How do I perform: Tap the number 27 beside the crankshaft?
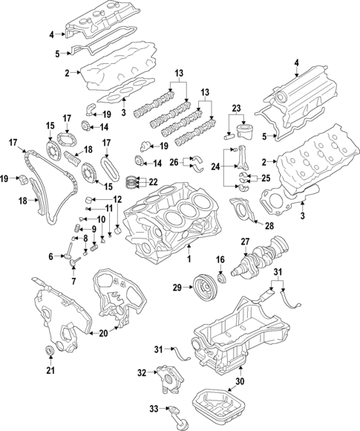point(244,242)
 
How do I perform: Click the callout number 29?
point(177,287)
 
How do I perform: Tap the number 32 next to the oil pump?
point(142,372)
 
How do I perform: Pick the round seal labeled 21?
point(50,352)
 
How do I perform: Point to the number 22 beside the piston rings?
point(154,182)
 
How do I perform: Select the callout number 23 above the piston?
point(237,108)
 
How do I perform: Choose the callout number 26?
point(174,162)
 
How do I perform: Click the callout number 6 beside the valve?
point(51,256)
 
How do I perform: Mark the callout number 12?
point(117,199)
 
